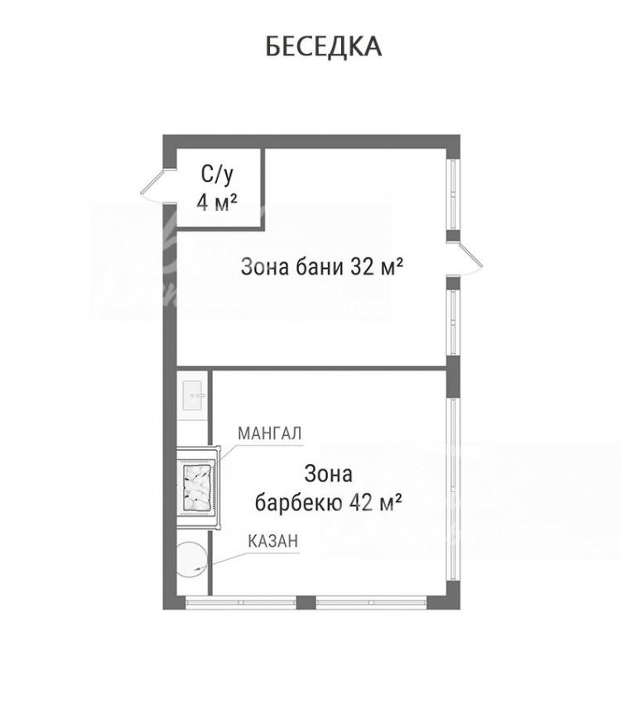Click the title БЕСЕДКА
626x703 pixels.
(324, 46)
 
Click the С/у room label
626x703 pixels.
(217, 175)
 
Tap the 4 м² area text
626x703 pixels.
(217, 203)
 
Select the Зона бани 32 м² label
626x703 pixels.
(321, 267)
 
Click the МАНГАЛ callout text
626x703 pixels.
(269, 433)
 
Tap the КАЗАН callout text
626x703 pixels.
(272, 541)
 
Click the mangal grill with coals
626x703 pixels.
(198, 487)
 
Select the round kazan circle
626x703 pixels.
(191, 560)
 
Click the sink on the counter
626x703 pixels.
(194, 395)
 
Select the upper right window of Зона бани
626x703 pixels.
(453, 194)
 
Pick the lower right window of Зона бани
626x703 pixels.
(453, 323)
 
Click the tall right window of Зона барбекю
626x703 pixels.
(453, 490)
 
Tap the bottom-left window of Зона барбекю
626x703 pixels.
(240, 603)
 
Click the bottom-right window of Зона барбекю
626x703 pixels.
(371, 603)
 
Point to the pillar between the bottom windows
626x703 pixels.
(306, 603)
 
